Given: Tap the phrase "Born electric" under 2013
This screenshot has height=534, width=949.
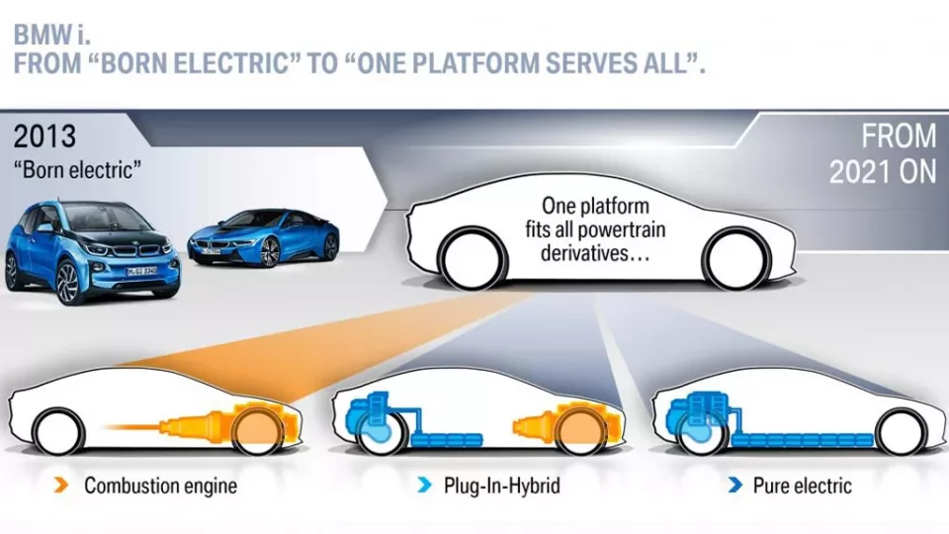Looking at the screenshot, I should pyautogui.click(x=77, y=168).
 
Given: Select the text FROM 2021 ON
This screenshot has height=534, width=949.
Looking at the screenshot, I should pyautogui.click(x=882, y=153).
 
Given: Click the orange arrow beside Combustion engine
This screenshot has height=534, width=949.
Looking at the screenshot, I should pyautogui.click(x=61, y=486).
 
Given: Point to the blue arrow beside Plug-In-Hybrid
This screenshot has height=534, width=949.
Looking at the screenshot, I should pyautogui.click(x=424, y=486).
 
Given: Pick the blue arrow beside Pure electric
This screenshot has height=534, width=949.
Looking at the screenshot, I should pyautogui.click(x=734, y=486).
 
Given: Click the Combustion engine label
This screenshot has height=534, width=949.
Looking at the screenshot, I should pyautogui.click(x=160, y=486).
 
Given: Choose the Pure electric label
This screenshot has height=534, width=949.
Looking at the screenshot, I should pyautogui.click(x=802, y=486).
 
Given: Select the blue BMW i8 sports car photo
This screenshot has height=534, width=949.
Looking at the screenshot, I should pyautogui.click(x=263, y=238).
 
